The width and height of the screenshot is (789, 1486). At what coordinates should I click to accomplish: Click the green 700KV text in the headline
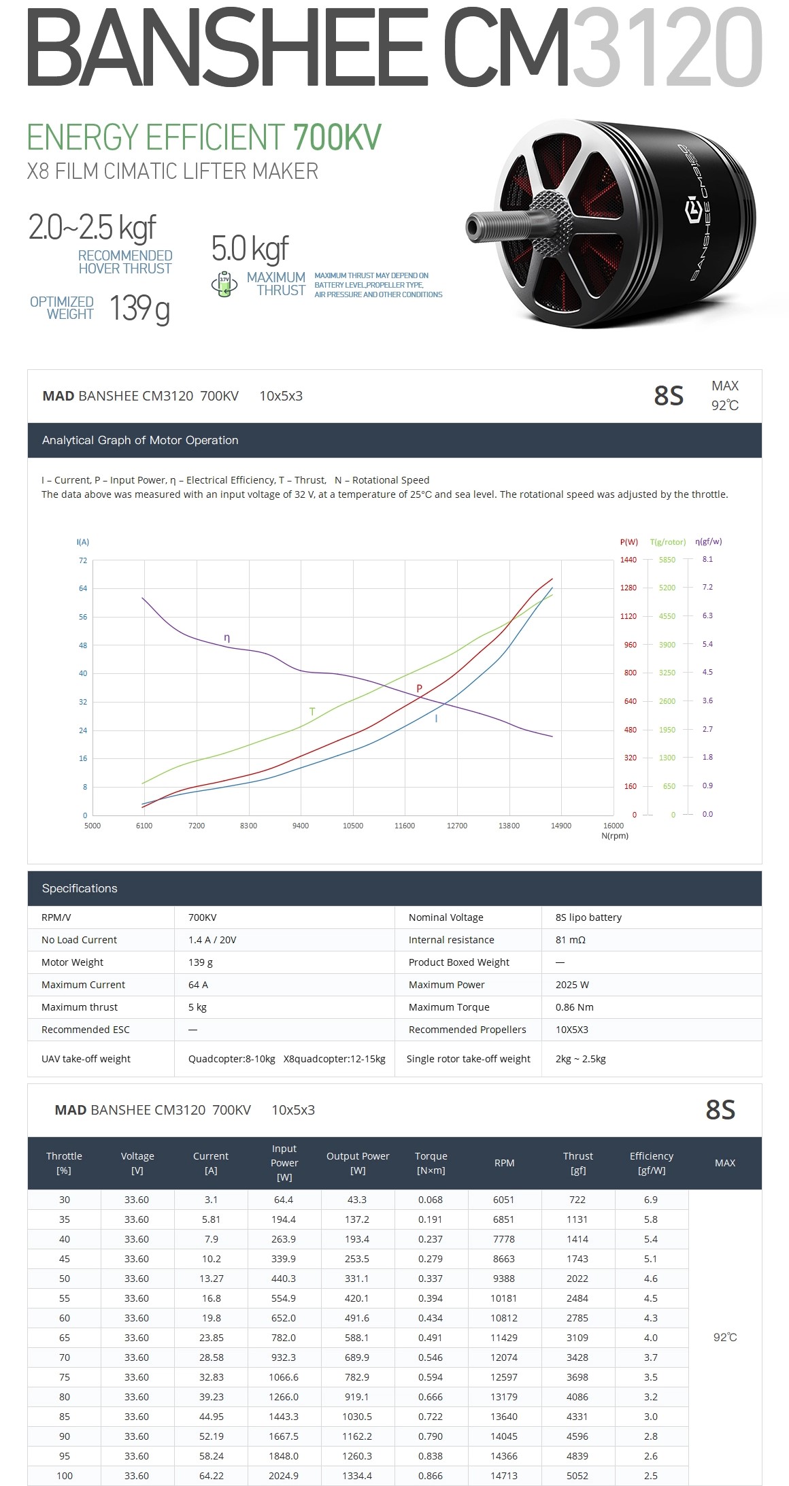[337, 137]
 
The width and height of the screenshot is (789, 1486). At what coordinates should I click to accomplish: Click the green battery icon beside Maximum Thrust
[224, 284]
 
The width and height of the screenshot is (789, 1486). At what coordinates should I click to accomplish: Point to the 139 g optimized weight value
[139, 309]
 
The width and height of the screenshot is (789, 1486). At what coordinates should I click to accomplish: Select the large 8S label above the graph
[668, 396]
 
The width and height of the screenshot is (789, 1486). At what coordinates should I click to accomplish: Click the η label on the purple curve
[227, 638]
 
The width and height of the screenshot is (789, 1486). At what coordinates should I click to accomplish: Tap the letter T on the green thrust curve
[312, 711]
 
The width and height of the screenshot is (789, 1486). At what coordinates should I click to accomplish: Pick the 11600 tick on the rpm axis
[405, 826]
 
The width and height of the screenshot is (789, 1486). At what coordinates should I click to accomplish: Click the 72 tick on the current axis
[83, 560]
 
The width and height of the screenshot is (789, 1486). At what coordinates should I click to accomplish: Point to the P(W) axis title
[628, 542]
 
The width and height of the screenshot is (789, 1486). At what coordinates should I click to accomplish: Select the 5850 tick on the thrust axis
[667, 560]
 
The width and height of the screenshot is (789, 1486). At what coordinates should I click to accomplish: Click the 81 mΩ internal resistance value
[570, 940]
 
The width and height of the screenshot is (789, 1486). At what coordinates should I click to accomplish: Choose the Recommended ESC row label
[85, 1030]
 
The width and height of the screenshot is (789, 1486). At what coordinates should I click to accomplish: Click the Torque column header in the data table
[431, 1163]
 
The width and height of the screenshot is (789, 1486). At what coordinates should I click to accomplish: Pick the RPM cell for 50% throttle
[504, 1279]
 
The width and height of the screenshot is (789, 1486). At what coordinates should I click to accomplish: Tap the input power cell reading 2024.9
[284, 1476]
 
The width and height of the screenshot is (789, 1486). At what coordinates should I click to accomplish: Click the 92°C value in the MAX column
[725, 1337]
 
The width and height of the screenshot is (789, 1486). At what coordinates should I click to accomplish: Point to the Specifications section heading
[80, 888]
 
